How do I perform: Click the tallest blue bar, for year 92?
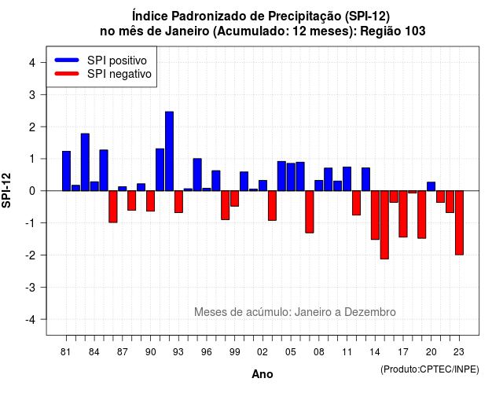169,151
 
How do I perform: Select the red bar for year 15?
384,225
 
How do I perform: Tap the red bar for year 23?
459,223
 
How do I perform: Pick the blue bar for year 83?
85,162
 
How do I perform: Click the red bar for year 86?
113,207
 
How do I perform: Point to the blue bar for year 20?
431,186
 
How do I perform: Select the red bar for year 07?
310,211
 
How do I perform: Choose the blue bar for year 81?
66,171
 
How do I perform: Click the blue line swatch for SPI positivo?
67,60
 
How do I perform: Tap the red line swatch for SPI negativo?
67,73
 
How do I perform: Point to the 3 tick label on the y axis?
32,94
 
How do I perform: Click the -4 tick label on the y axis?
31,320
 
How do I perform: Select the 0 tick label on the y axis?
32,191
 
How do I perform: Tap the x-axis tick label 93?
178,352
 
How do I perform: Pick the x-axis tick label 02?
263,352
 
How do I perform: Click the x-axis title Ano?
263,374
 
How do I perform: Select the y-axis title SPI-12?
6,190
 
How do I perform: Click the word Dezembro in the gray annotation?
369,312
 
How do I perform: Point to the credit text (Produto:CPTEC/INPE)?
430,369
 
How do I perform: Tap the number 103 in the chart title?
415,31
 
